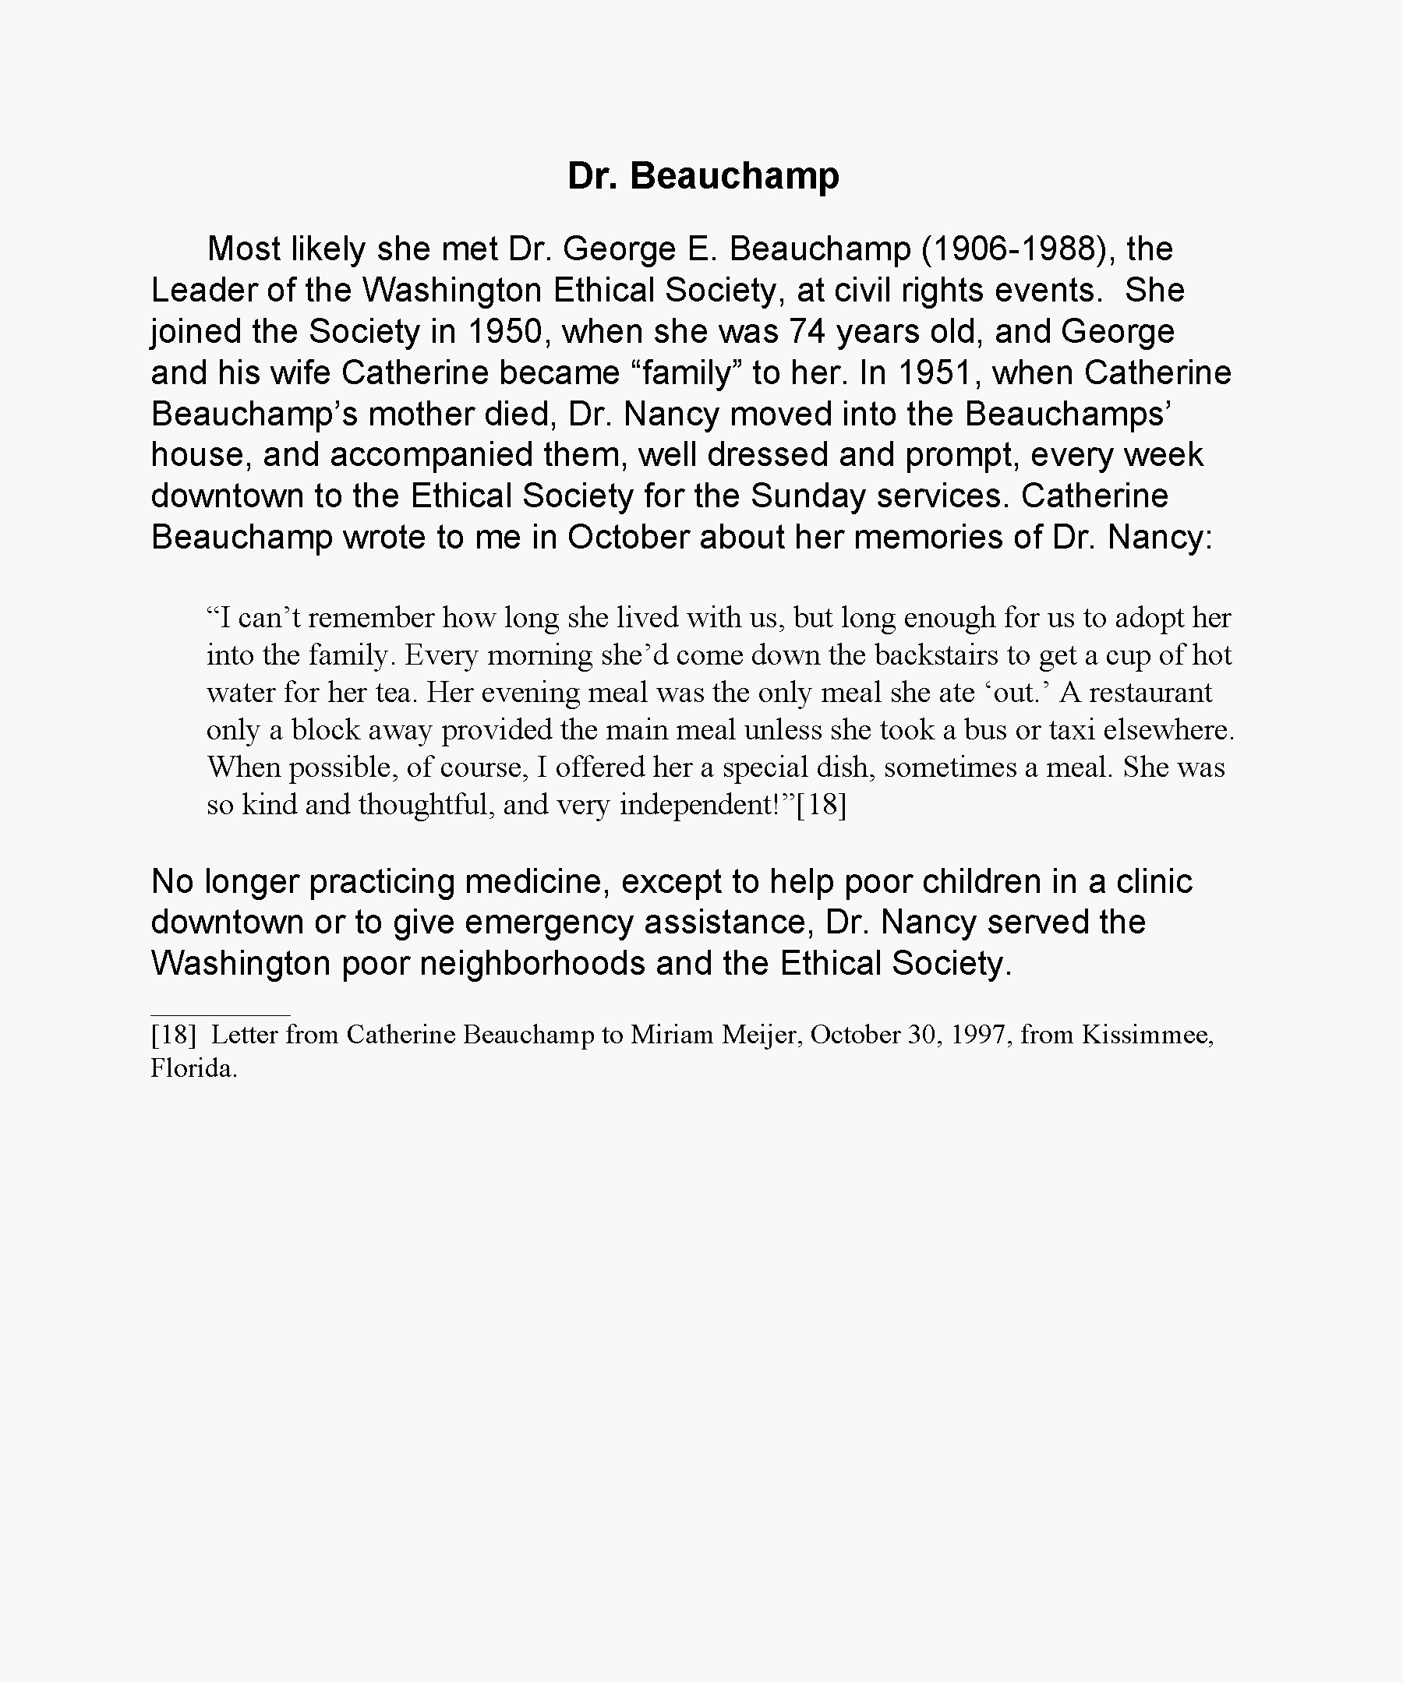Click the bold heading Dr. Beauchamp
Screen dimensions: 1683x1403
tap(702, 175)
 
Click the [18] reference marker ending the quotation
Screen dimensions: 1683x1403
tap(821, 805)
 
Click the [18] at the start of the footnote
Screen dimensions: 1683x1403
tap(173, 1035)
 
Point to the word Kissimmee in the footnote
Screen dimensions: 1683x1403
tap(1147, 1035)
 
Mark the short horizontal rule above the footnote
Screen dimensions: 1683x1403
tap(221, 1014)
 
